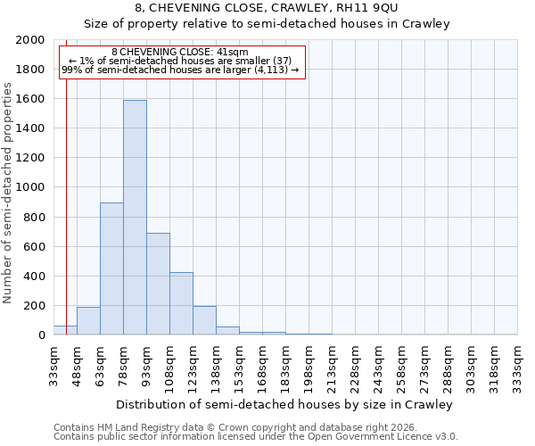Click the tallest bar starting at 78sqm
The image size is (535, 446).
tap(135, 218)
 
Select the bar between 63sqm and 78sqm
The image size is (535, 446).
tap(111, 268)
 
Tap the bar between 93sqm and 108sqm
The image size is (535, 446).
tap(158, 284)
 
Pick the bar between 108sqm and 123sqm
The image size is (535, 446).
tap(181, 303)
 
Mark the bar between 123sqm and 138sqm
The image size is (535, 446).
tap(204, 320)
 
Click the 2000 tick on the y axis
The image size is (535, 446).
tap(31, 40)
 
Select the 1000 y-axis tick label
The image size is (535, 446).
tap(31, 188)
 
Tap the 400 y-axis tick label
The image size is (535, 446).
tap(35, 277)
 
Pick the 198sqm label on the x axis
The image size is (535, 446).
tap(309, 366)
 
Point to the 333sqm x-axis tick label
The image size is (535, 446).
tap(517, 366)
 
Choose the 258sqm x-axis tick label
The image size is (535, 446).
tap(401, 366)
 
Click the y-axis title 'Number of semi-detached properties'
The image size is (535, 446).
tap(9, 193)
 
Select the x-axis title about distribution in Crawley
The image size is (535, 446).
tap(285, 404)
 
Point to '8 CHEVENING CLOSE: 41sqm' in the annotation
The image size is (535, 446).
tap(180, 53)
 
